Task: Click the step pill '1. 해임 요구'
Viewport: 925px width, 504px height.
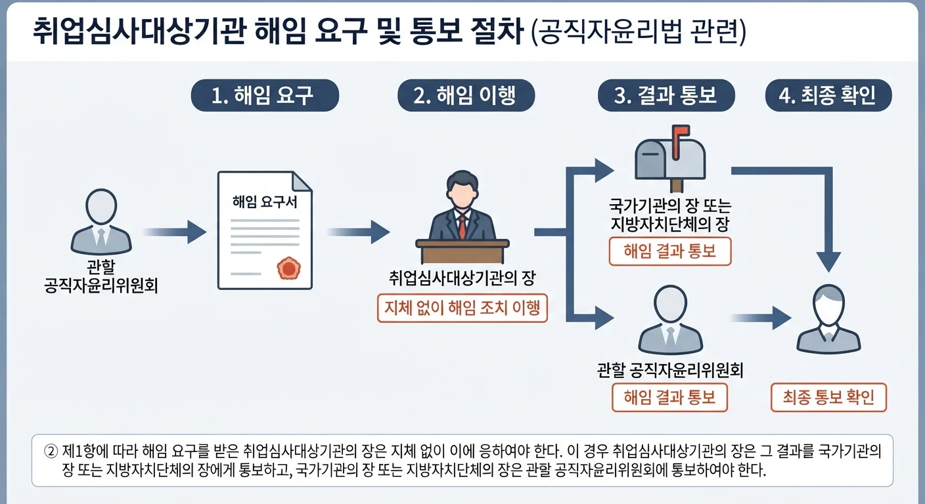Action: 265,95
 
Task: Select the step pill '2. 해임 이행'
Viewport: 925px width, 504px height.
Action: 466,95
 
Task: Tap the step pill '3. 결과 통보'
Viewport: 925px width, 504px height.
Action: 666,95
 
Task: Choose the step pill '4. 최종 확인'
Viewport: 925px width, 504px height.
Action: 828,95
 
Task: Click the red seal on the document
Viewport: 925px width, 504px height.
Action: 288,268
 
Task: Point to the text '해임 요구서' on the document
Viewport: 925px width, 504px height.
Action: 265,202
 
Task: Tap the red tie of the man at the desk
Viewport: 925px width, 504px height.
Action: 462,227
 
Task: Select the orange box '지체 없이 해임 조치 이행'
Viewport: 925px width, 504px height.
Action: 462,308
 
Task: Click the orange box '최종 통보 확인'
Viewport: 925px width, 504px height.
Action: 828,397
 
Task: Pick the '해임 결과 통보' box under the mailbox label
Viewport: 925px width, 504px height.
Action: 670,251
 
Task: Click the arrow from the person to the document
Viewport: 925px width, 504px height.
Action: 174,232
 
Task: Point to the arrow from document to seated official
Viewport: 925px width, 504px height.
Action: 359,232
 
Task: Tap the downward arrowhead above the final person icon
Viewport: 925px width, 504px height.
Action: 828,261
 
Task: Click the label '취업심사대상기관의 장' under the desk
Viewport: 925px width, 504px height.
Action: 462,278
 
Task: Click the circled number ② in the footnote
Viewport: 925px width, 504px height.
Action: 51,451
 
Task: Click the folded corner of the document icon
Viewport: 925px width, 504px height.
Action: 302,182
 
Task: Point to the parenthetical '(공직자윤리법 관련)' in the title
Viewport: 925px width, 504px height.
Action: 639,31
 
